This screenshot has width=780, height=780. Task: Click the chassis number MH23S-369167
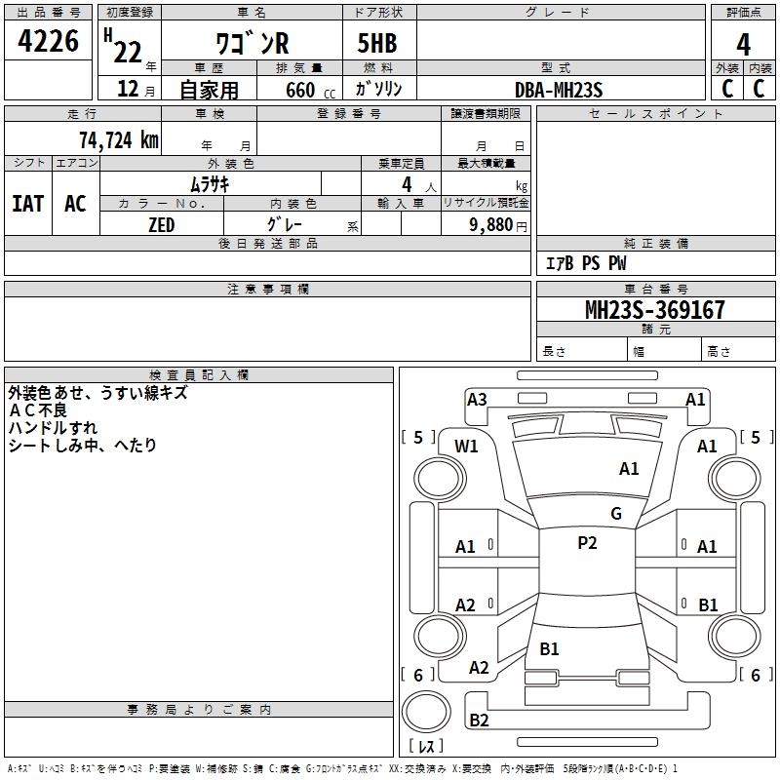point(654,310)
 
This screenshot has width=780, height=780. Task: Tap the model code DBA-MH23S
point(559,90)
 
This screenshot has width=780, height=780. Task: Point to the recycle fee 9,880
point(496,225)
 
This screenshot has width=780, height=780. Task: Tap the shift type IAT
point(27,203)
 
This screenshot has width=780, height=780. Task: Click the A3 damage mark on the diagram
point(477,399)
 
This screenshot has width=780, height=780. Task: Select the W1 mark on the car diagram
point(467,446)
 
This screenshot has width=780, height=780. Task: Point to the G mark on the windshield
point(615,513)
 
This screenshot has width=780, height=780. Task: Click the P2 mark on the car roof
point(587,543)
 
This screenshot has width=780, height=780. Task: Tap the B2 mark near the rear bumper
point(479,721)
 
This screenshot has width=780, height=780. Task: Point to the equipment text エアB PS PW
point(585,263)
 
